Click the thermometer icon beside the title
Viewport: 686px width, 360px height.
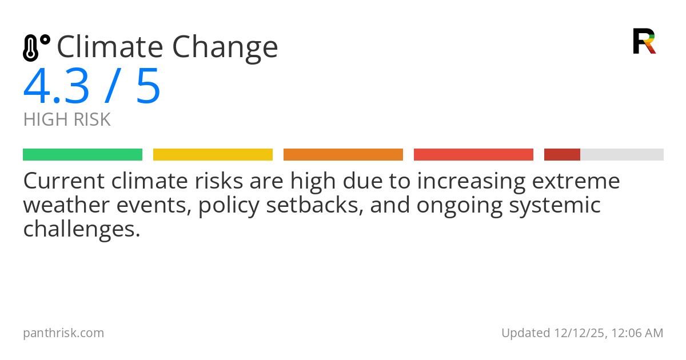click(x=35, y=47)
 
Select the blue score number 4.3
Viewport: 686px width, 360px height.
click(x=57, y=87)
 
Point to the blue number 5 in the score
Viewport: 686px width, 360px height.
click(x=148, y=87)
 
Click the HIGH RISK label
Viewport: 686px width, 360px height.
click(x=67, y=119)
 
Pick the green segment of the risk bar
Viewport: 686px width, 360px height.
click(x=82, y=155)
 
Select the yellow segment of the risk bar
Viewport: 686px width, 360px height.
click(x=213, y=155)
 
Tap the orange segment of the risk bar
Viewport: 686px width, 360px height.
click(x=343, y=155)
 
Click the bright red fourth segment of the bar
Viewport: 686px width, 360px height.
click(x=473, y=155)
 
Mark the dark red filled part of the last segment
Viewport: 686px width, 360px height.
click(x=562, y=155)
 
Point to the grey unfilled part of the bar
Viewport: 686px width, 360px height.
click(x=622, y=155)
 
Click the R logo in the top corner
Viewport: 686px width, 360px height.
click(x=644, y=41)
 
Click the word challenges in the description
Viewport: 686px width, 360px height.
click(x=81, y=229)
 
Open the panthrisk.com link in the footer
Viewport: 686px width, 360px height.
click(x=63, y=333)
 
